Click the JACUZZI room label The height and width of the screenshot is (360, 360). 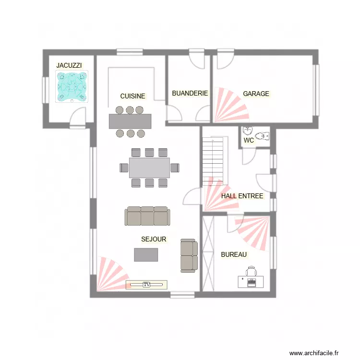[69, 65]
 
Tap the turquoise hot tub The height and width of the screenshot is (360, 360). [72, 86]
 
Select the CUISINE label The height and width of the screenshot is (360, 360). [132, 96]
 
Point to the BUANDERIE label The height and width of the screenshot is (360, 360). [190, 93]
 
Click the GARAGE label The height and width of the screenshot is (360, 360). [256, 94]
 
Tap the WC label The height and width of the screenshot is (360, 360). [249, 140]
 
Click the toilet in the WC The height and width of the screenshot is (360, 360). [262, 136]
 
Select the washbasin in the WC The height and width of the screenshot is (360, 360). [248, 131]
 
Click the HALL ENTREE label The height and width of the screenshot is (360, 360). [242, 196]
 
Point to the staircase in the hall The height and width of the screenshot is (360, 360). [213, 161]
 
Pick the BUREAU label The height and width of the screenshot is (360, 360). [234, 254]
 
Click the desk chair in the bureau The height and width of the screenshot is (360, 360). [251, 271]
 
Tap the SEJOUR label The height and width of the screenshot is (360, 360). [154, 239]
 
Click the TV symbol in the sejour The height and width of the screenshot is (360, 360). [146, 285]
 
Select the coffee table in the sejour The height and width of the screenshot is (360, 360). [146, 254]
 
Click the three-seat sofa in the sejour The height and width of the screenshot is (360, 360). [147, 216]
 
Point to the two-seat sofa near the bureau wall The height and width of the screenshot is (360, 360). [189, 255]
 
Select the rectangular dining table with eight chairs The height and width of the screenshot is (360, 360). [149, 168]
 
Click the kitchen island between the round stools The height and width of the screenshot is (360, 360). [130, 121]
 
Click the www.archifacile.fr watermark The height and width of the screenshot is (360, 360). [314, 353]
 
